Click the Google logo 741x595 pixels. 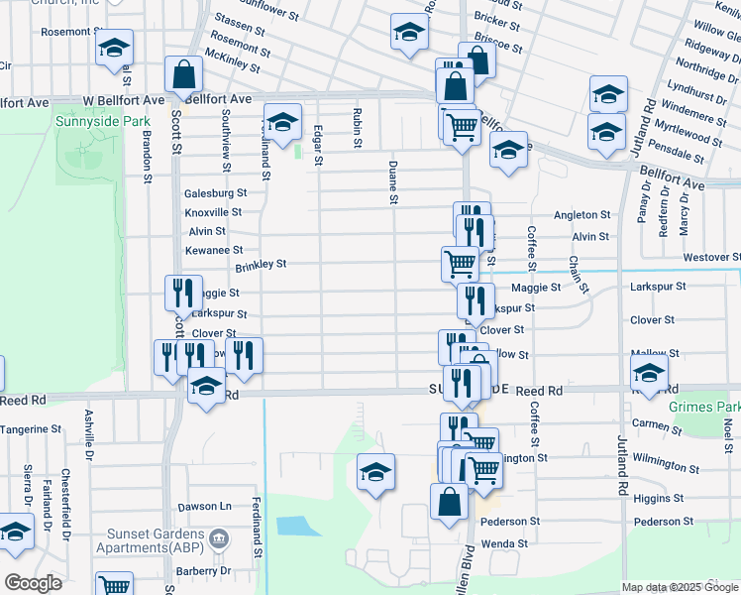click(33, 583)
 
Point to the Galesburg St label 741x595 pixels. click(215, 193)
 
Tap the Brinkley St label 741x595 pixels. click(261, 265)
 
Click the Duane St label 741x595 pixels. click(394, 183)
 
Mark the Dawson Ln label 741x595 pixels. click(212, 506)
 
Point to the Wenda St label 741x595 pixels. click(504, 543)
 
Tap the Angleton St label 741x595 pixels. click(582, 214)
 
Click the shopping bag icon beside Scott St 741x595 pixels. click(183, 73)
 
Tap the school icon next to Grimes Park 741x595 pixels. click(649, 374)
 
